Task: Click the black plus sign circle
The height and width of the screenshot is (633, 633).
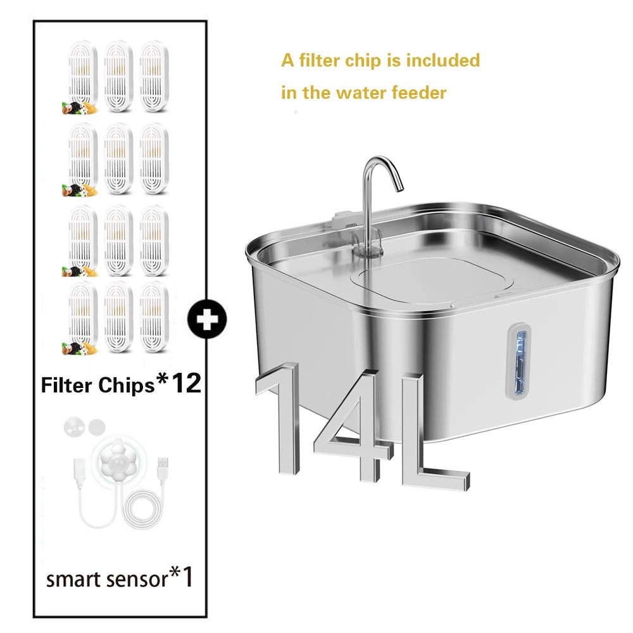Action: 207,319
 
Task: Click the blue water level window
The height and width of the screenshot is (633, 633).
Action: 520,361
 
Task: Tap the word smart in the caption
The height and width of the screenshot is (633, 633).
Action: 75,579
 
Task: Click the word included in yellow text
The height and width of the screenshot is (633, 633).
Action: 443,60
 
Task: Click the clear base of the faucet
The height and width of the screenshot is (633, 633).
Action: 367,244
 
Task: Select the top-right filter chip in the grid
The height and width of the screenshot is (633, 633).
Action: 154,76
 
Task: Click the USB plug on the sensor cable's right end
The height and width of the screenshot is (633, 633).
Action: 163,468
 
